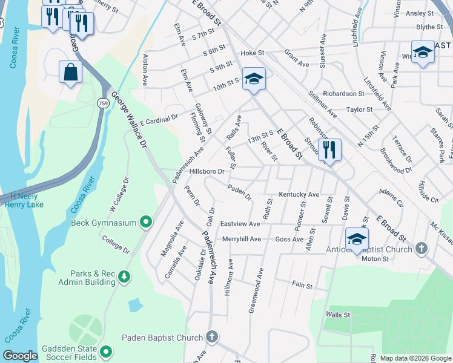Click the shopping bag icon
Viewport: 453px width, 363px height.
pos(71,72)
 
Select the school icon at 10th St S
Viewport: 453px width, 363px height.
pos(254,79)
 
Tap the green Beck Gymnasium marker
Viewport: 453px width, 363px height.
pos(145,223)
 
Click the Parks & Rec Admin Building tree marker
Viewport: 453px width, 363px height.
pos(124,277)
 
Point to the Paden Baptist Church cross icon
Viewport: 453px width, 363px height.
pos(212,337)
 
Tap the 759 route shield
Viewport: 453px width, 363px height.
pos(104,104)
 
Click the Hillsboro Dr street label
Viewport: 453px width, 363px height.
pos(207,171)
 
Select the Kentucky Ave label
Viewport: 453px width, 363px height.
pos(299,195)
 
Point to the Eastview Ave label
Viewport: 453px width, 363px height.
pos(240,224)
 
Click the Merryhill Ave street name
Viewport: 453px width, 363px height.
pos(241,239)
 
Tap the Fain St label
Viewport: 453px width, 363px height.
pos(302,285)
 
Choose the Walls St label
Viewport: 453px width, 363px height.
pos(338,315)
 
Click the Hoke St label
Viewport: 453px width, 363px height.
pos(249,53)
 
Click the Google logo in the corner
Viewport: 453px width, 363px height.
pos(20,356)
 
